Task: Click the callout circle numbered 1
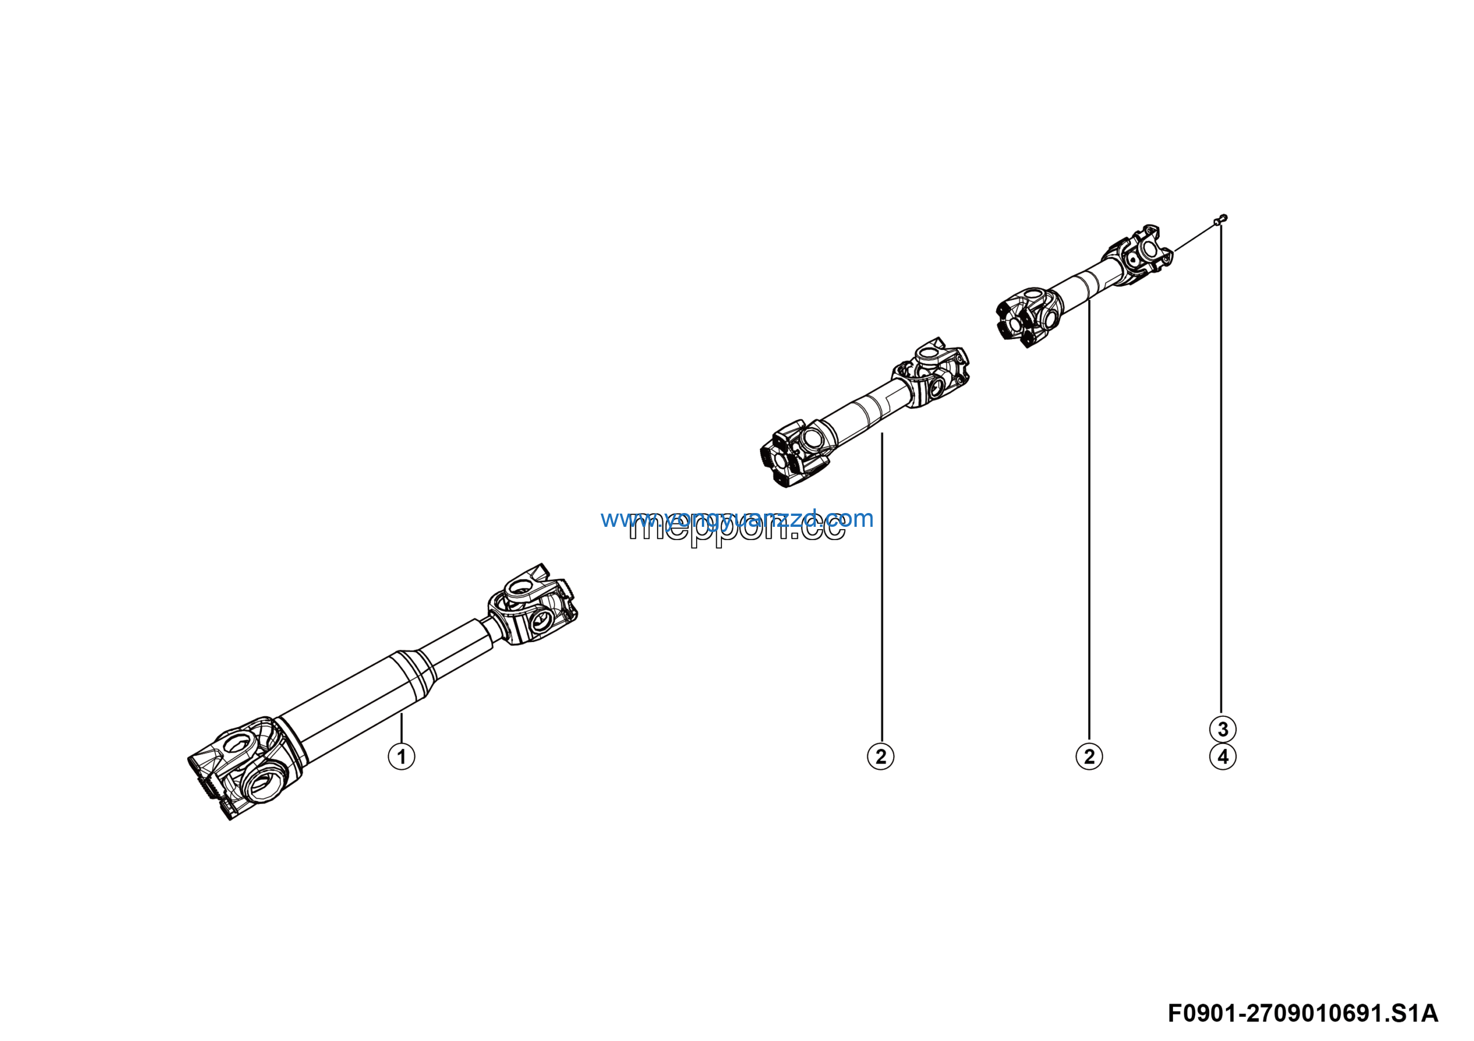pyautogui.click(x=401, y=756)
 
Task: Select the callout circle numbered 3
pyautogui.click(x=1222, y=729)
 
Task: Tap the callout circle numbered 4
pyautogui.click(x=1222, y=757)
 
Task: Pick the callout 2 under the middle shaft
pyautogui.click(x=880, y=756)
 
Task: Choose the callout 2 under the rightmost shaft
pyautogui.click(x=1089, y=756)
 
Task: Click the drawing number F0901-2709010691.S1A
pyautogui.click(x=1302, y=1013)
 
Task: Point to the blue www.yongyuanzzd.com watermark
pyautogui.click(x=737, y=518)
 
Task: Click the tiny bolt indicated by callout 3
pyautogui.click(x=1221, y=219)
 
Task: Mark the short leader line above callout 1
pyautogui.click(x=401, y=728)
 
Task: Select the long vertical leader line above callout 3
pyautogui.click(x=1221, y=469)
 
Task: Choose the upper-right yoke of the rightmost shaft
pyautogui.click(x=1139, y=253)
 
